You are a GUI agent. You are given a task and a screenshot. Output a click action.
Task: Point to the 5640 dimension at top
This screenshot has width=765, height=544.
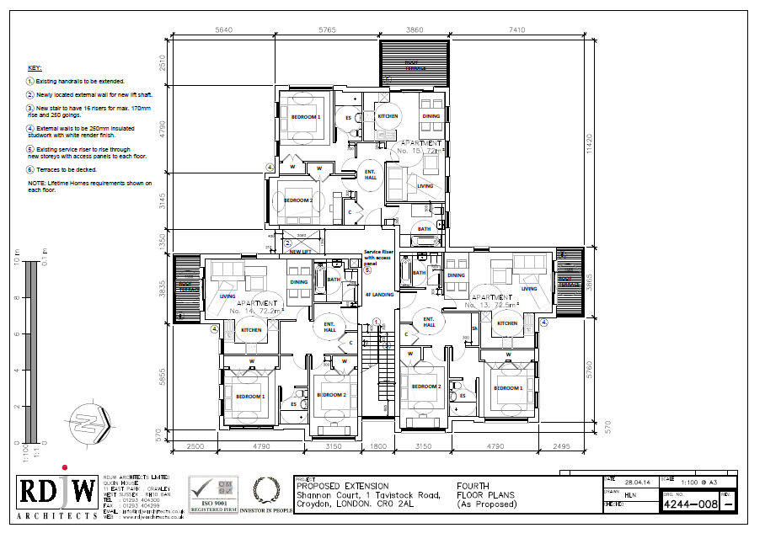(x=224, y=29)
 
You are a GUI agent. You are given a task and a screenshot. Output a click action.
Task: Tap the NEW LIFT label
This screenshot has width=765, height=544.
(x=301, y=252)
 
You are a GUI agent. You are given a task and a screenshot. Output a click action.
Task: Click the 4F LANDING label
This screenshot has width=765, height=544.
(x=380, y=294)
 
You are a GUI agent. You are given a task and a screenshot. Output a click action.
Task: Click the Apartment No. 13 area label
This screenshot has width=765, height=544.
(x=493, y=302)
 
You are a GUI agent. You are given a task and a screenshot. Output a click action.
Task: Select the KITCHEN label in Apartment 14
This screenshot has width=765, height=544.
(x=252, y=330)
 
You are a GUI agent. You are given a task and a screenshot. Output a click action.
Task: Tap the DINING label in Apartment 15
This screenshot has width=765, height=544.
(x=431, y=116)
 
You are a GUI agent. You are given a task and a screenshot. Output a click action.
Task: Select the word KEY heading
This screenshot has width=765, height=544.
(x=34, y=67)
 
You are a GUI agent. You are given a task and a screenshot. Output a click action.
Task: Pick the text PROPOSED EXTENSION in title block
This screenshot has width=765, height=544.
(x=342, y=486)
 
